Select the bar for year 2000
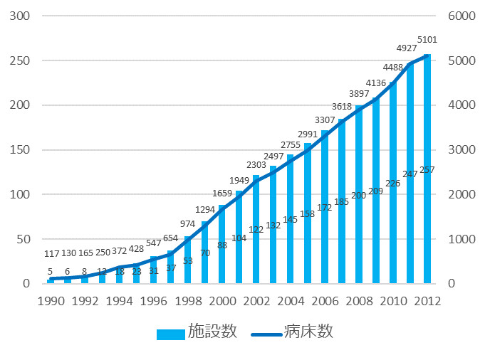[222, 249]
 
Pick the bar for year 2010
[393, 228]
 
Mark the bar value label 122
[256, 230]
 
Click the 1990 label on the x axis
[51, 300]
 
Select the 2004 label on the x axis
[291, 300]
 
